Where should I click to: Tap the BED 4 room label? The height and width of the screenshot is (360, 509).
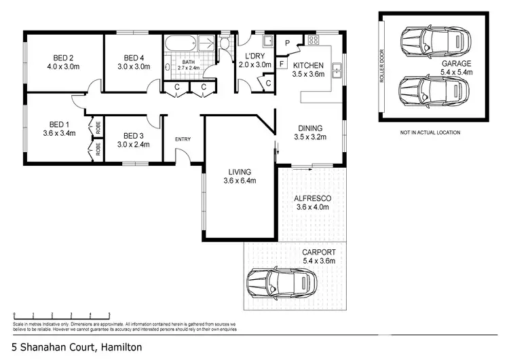[x=132, y=58]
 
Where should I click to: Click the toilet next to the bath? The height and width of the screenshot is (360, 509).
[x=225, y=44]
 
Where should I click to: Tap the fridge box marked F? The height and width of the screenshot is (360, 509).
[x=282, y=65]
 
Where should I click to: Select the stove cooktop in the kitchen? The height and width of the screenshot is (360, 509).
[x=314, y=41]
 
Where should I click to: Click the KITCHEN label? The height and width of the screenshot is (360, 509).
[x=307, y=66]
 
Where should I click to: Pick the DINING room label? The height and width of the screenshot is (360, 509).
[x=309, y=128]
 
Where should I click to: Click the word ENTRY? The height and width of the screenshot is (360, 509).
[x=183, y=140]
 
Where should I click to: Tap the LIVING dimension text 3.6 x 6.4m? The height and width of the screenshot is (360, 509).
[x=240, y=181]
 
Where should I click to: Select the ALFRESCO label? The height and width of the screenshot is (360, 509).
[x=312, y=198]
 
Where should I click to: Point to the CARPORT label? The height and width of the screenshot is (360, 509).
[x=318, y=252]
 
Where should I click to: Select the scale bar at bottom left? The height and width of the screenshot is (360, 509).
[x=61, y=315]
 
